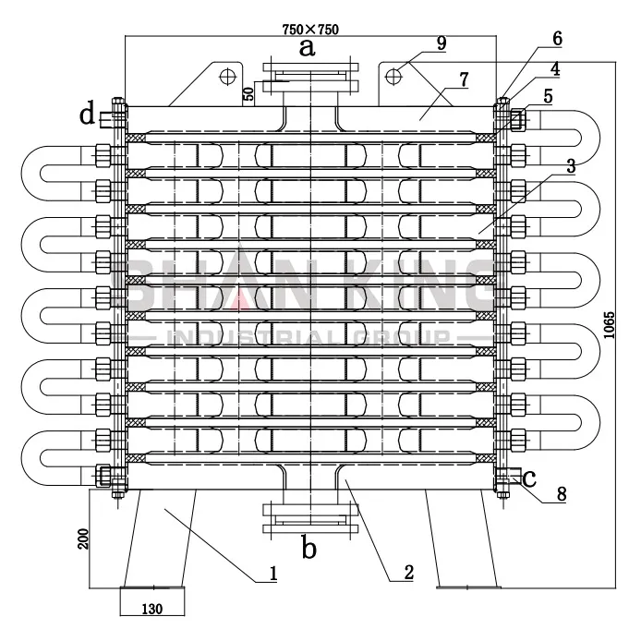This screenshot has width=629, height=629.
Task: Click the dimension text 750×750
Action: (310, 29)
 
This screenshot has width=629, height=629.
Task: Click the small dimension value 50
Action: (248, 94)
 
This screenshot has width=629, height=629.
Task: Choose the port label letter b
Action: (309, 549)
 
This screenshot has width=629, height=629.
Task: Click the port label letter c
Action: (529, 479)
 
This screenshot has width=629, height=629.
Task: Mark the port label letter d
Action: (87, 116)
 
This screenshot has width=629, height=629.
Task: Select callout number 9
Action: (442, 42)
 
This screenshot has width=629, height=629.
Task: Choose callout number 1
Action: (273, 573)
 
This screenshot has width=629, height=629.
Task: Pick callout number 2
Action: (407, 573)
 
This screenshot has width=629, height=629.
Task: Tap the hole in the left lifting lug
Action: (224, 77)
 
